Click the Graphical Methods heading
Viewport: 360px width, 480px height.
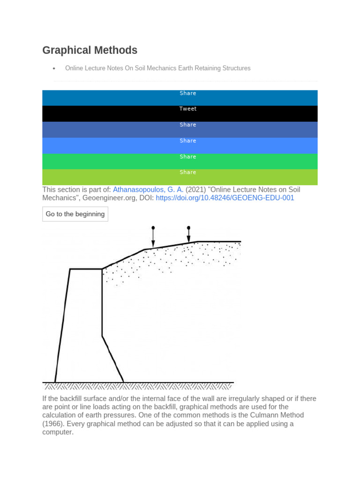(x=90, y=50)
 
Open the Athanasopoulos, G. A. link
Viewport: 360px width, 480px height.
(x=148, y=190)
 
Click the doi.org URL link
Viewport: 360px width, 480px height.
(x=225, y=198)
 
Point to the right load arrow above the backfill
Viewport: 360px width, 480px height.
(x=188, y=234)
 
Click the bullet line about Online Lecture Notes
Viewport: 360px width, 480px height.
(x=157, y=68)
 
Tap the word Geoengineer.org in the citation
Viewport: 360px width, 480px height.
(x=112, y=198)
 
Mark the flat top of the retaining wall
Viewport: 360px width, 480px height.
(x=86, y=269)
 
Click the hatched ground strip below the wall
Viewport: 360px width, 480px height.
(x=138, y=387)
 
